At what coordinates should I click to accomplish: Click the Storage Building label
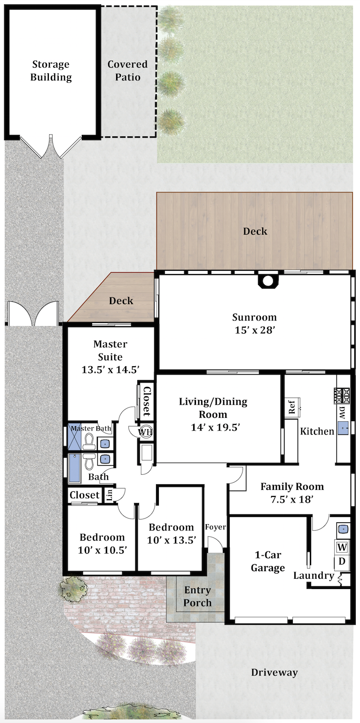point(51,71)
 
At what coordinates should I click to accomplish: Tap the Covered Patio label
point(127,71)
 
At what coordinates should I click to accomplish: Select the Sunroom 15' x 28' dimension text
point(255,330)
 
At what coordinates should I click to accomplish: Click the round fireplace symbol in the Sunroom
point(267,281)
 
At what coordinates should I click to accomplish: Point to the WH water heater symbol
point(145,432)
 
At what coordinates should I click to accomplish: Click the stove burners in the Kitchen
point(342,395)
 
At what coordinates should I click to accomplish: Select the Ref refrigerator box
point(291,408)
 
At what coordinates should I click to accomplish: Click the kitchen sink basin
point(343,428)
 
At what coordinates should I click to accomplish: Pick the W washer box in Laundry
point(342,547)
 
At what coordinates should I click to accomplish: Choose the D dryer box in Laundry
point(342,561)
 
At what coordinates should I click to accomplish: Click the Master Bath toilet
point(89,441)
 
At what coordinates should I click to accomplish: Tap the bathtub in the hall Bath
point(75,469)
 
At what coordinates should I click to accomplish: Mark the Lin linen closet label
point(110,495)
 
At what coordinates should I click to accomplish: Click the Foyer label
point(216,527)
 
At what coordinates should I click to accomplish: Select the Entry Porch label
point(197,596)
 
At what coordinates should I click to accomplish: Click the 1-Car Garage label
point(268,561)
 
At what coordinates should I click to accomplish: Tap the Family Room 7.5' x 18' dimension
point(292,499)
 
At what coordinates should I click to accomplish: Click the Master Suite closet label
point(147,401)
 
